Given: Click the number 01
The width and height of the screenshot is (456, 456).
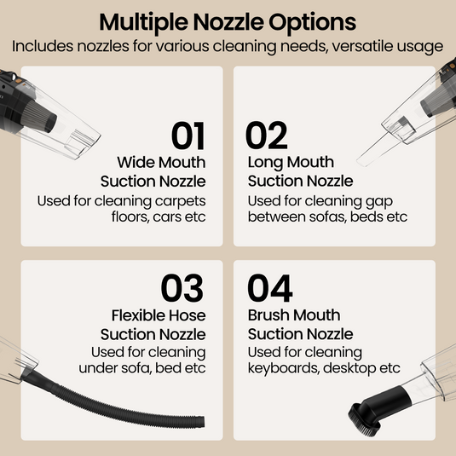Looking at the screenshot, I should [x=188, y=136].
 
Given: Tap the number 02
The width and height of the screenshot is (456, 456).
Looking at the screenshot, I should [x=267, y=136].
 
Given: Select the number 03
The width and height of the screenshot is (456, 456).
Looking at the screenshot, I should [x=182, y=289].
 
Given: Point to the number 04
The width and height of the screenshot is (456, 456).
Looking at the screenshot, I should [x=270, y=289].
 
